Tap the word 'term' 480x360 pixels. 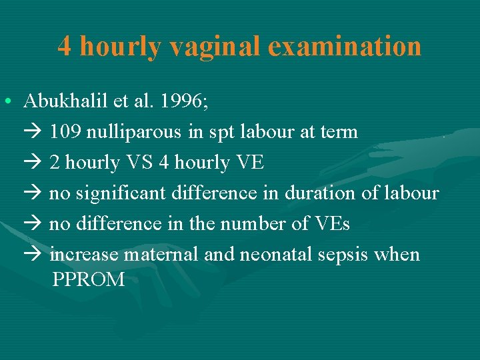(338, 132)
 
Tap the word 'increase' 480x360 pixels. (83, 255)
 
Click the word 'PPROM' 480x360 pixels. (88, 280)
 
